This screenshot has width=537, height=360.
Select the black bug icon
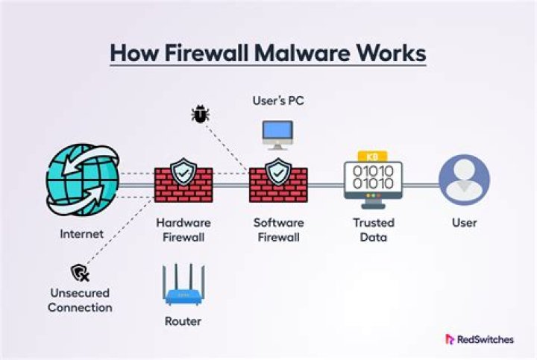point(201,114)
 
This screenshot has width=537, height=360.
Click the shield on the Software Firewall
point(277,173)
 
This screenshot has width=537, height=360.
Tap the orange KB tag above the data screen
point(373,155)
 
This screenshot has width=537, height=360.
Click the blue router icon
point(183,287)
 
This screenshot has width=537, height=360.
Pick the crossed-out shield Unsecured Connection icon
point(80,272)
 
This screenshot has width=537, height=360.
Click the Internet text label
point(82,234)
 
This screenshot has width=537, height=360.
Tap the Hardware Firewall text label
point(183,230)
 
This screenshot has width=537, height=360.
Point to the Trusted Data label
point(373,230)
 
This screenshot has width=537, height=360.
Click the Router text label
point(183,322)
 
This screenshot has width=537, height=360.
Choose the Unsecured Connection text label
point(81,300)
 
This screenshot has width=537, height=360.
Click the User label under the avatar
point(464,223)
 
